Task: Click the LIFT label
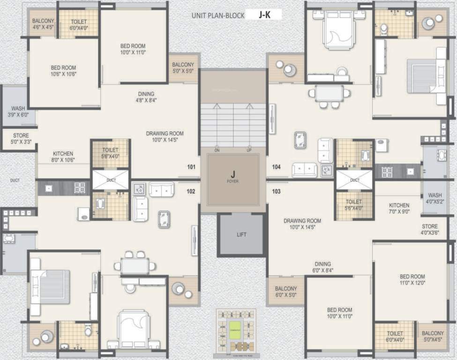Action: [241, 234]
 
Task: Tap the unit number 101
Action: [191, 167]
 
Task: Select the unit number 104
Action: [276, 167]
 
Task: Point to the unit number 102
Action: [191, 191]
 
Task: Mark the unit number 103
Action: [276, 191]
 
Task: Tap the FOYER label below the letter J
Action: [233, 181]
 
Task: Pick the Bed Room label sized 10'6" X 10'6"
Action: [63, 71]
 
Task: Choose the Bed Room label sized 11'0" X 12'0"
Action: [412, 279]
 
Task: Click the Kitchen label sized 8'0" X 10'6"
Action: [63, 157]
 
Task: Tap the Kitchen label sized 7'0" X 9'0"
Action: [399, 208]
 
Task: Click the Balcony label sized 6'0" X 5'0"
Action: [286, 292]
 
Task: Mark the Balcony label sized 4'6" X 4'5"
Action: [44, 24]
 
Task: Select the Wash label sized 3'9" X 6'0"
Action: [18, 112]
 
